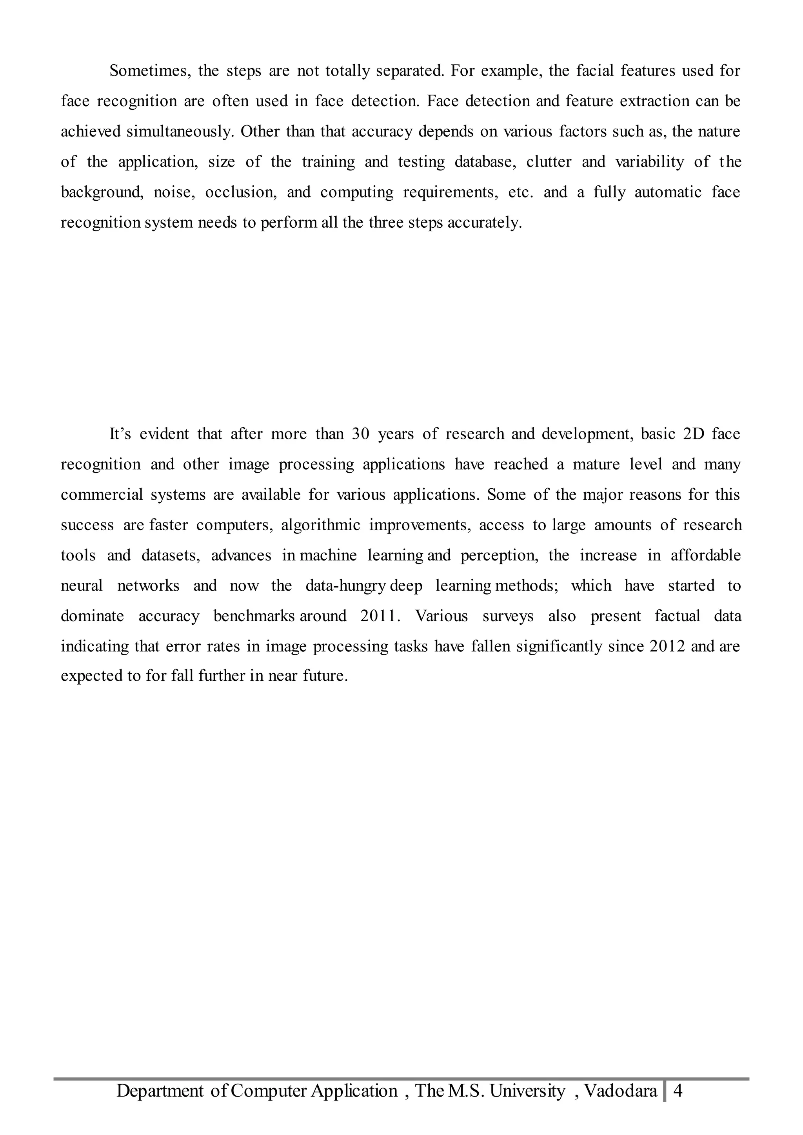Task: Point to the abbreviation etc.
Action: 521,192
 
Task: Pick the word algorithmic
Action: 320,525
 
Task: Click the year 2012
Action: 667,647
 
